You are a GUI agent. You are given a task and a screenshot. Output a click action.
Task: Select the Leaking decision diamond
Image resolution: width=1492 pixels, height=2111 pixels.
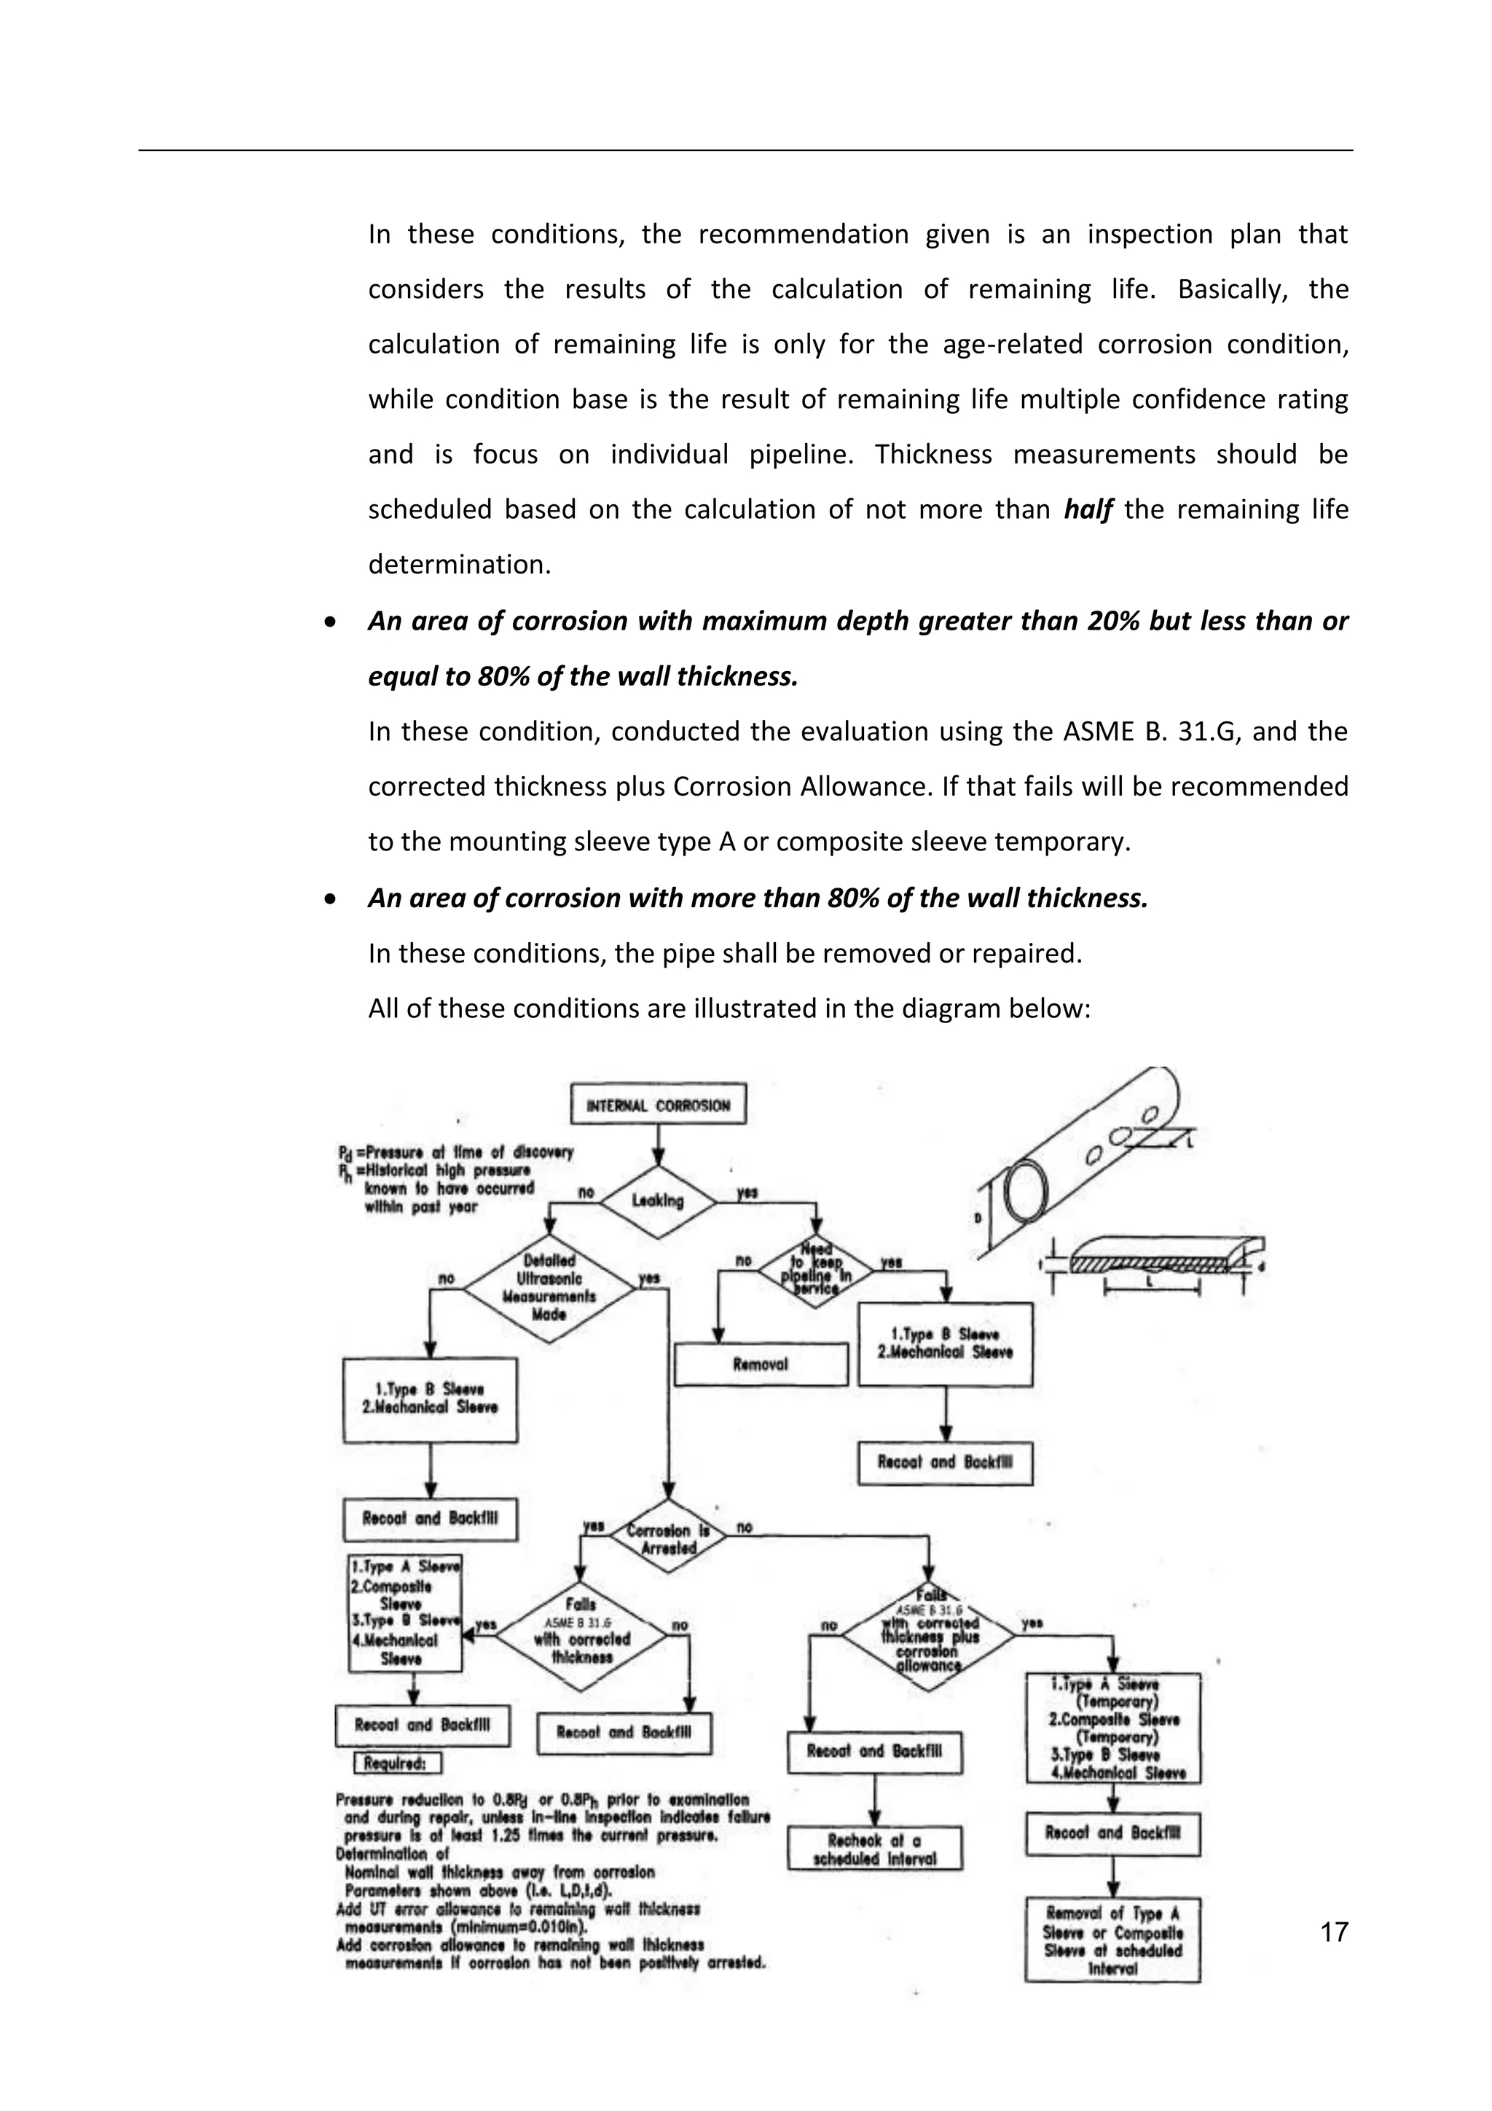[x=657, y=1201]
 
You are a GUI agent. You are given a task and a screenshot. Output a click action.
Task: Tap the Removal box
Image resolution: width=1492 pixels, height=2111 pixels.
[x=761, y=1364]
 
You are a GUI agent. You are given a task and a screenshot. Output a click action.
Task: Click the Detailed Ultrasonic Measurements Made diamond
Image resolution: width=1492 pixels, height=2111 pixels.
[x=549, y=1287]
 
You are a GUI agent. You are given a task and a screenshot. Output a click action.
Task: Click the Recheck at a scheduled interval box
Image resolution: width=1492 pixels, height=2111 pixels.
[x=874, y=1848]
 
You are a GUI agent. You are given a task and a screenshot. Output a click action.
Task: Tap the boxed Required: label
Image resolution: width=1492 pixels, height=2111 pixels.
[x=397, y=1763]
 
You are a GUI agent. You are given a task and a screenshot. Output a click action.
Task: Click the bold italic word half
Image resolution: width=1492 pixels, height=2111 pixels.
[x=1088, y=509]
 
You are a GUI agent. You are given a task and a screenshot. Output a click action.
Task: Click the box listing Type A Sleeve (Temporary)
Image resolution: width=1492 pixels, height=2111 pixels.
[x=1112, y=1728]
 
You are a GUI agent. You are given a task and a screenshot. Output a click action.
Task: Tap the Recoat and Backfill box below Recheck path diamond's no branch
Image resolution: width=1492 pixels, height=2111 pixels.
[x=874, y=1752]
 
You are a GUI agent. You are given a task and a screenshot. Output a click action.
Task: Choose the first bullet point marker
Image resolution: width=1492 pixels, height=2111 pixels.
[x=330, y=622]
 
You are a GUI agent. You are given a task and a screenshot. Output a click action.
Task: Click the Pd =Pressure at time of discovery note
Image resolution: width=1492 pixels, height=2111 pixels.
[x=455, y=1152]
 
